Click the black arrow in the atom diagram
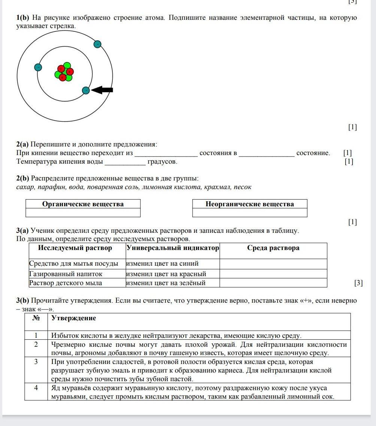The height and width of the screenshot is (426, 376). click(x=103, y=90)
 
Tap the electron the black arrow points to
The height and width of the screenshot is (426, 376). click(x=86, y=90)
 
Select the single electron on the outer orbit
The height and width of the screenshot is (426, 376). click(x=97, y=44)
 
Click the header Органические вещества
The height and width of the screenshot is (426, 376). click(x=83, y=204)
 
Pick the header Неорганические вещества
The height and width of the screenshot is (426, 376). click(x=250, y=204)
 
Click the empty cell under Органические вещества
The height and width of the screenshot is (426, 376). click(x=83, y=213)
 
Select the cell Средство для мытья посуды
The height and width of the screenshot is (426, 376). click(x=74, y=264)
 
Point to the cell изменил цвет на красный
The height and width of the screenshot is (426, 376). click(x=166, y=274)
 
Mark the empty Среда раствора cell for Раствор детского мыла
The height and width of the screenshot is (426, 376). click(x=273, y=283)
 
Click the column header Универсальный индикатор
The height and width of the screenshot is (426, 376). click(x=173, y=248)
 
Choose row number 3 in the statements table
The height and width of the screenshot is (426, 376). click(x=36, y=362)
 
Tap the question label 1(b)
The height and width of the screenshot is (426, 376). click(x=23, y=18)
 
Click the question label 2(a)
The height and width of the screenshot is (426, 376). click(x=22, y=144)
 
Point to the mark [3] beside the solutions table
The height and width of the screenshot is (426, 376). click(x=358, y=283)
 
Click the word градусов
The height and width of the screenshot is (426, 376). click(x=162, y=162)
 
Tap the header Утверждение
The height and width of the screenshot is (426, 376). click(x=73, y=318)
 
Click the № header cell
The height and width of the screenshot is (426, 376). click(x=36, y=318)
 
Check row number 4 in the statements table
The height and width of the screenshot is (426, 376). click(x=36, y=388)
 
